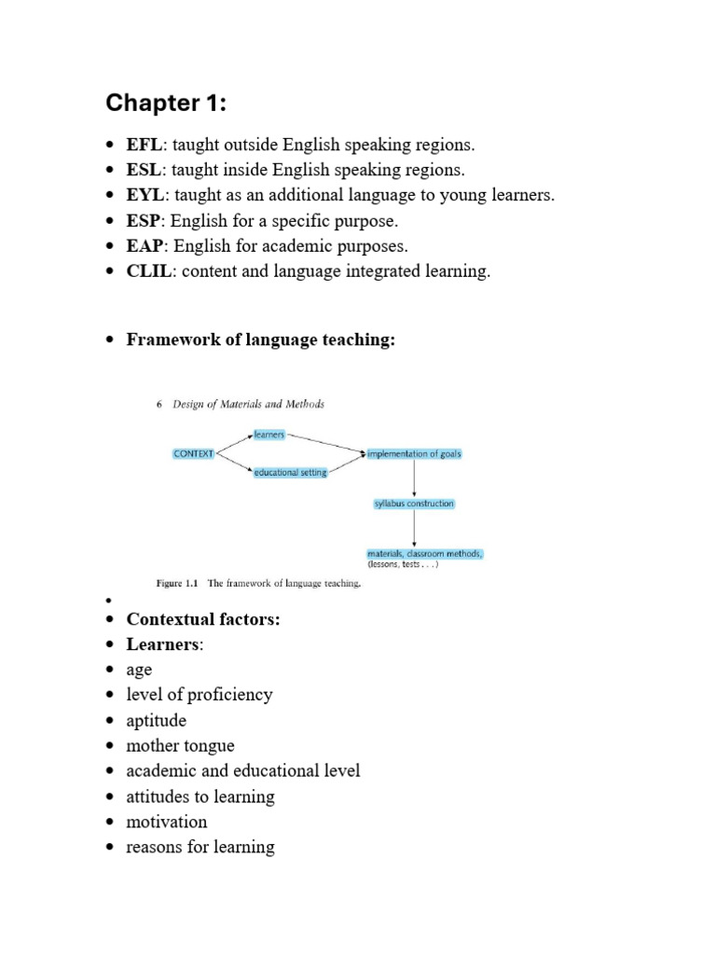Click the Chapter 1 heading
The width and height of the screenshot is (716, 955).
[x=166, y=104]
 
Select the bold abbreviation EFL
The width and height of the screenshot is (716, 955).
[x=145, y=145]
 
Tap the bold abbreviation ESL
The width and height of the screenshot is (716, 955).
[x=145, y=170]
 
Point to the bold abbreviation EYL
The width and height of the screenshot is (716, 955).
[x=145, y=195]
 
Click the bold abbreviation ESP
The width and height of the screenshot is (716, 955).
[x=145, y=221]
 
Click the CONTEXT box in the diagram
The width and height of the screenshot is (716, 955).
[x=194, y=453]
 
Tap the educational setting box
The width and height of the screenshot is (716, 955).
[x=290, y=473]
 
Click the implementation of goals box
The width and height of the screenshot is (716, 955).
[x=414, y=454]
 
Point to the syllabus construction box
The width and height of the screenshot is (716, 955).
[x=414, y=504]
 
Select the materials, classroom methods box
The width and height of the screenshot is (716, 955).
[x=424, y=554]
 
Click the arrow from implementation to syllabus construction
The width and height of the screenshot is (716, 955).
[x=414, y=478]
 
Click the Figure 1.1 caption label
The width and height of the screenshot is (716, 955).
[x=176, y=584]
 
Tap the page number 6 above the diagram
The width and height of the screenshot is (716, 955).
[x=160, y=405]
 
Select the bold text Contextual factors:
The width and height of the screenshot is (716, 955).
[x=203, y=619]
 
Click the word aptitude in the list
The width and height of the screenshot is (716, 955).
[x=157, y=721]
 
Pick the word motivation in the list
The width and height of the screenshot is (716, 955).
[x=167, y=822]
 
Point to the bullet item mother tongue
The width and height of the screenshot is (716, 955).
[x=181, y=746]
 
